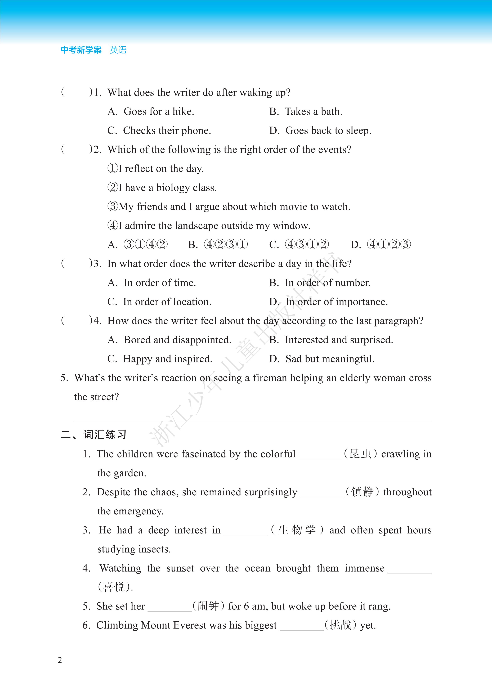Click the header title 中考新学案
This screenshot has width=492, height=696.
pos(81,50)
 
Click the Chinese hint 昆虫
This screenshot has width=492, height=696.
pos(360,454)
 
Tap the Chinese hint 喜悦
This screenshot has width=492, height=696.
pos(114,587)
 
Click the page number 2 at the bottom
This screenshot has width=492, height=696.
pos(60,660)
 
